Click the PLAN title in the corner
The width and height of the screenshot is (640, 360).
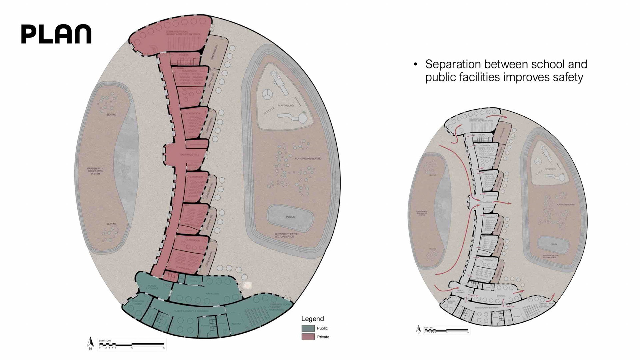[x=56, y=34]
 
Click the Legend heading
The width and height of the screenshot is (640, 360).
[x=312, y=319]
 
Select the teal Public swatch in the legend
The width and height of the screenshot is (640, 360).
[x=308, y=328]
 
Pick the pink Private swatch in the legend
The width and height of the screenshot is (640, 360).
[x=308, y=337]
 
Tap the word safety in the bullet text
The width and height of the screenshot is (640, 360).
[x=568, y=77]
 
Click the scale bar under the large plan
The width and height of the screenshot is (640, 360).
[x=132, y=344]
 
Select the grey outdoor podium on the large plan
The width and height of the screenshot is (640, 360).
[x=291, y=217]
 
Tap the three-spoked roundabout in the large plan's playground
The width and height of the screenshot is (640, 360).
[x=267, y=95]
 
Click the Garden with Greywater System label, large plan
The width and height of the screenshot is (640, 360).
[x=95, y=171]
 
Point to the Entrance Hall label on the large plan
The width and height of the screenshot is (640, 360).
[x=190, y=155]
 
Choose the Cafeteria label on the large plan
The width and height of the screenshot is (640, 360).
[x=212, y=294]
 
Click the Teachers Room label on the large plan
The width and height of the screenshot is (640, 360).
[x=138, y=302]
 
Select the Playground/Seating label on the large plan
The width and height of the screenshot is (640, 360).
[x=308, y=159]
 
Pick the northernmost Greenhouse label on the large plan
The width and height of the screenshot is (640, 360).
[x=214, y=52]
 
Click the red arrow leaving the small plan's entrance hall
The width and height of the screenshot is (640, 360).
[x=502, y=202]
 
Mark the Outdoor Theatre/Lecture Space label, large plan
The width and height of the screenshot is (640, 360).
[x=286, y=235]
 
